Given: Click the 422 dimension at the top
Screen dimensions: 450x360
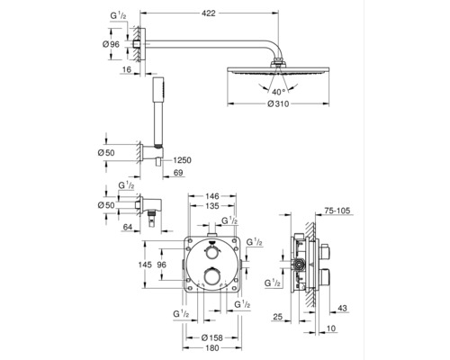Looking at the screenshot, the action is [209, 13].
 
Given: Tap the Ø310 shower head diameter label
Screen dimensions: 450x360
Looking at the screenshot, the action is [278, 104].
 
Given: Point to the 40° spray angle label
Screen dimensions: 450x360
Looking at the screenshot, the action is [278, 91].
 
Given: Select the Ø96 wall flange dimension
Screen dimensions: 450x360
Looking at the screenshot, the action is [111, 44].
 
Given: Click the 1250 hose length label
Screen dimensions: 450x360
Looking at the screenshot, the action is [182, 160].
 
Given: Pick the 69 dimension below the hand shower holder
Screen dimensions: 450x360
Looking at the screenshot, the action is [178, 173].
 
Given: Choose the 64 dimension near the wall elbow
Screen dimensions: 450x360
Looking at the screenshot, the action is [128, 227].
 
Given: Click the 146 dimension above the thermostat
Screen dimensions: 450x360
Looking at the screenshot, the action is [212, 196].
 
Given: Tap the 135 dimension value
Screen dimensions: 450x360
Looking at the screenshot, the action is [212, 206].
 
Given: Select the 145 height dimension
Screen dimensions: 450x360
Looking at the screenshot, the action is [146, 265].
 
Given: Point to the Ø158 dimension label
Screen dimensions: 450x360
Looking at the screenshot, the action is [211, 337].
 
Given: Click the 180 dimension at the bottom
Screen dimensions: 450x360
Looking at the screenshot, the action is [212, 348].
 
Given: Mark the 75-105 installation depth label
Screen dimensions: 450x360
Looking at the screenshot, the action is [337, 211].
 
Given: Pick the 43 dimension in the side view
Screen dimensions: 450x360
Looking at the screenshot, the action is [342, 308].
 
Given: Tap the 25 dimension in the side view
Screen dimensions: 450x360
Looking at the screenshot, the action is [278, 317].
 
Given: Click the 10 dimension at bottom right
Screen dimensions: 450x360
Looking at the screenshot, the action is [331, 328].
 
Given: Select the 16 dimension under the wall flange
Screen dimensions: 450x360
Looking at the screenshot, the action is [127, 69].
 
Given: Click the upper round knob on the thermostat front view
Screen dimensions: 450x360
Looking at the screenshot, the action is [212, 253].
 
